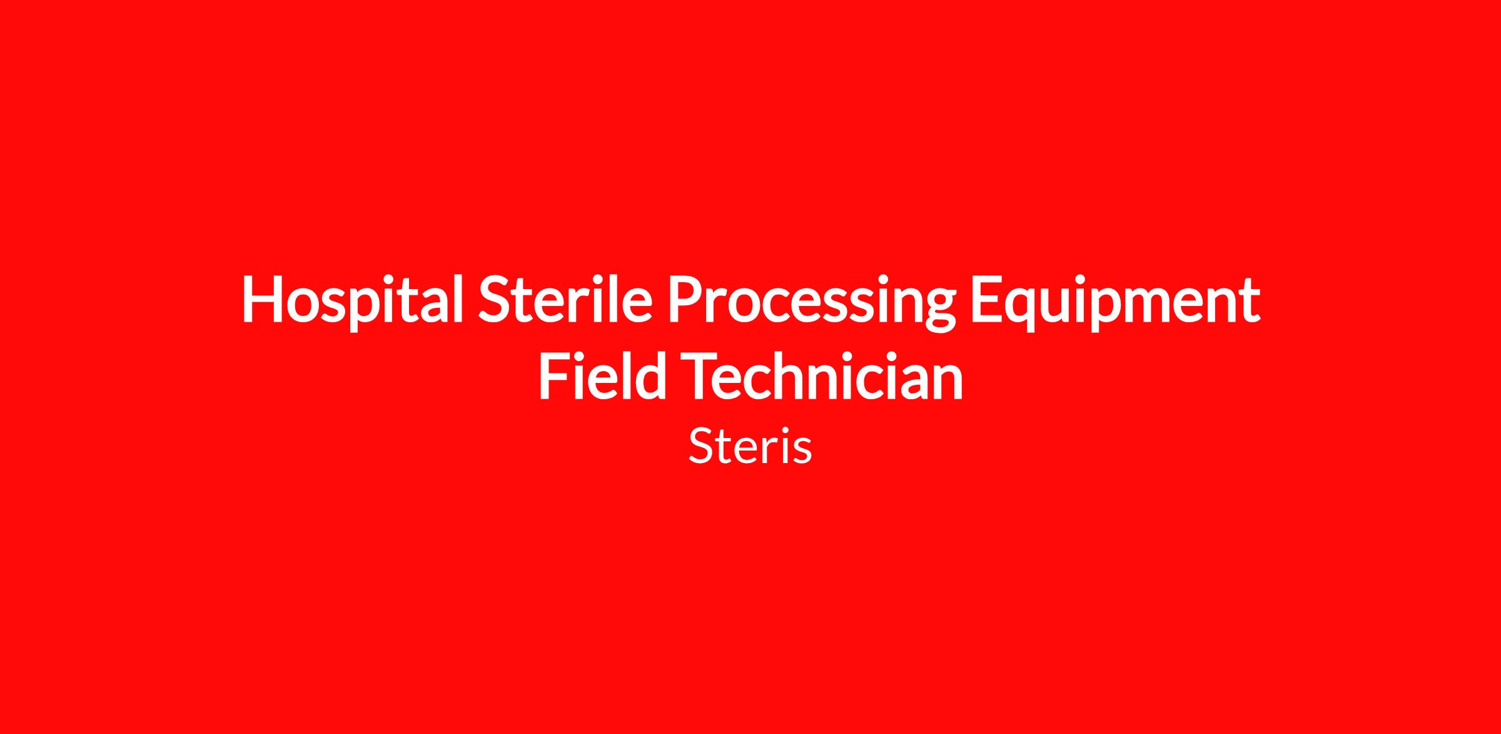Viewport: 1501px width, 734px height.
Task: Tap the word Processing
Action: (812, 302)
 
